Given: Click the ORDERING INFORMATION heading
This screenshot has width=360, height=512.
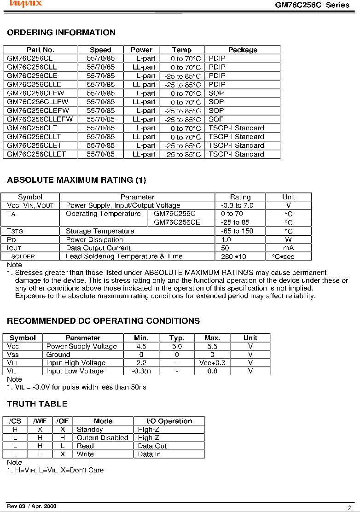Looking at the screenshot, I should pyautogui.click(x=61, y=33).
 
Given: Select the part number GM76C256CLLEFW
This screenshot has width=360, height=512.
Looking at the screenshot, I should pyautogui.click(x=40, y=119).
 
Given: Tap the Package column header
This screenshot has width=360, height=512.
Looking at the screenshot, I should pyautogui.click(x=243, y=50).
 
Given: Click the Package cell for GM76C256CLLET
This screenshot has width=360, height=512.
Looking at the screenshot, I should pyautogui.click(x=237, y=154).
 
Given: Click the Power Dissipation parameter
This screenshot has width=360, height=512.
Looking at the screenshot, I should pyautogui.click(x=94, y=240).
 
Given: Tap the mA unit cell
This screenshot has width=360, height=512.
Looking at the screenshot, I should pyautogui.click(x=289, y=248).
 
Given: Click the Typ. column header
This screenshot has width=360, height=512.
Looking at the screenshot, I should pyautogui.click(x=177, y=338).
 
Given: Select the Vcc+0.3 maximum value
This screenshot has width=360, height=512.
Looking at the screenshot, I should pyautogui.click(x=212, y=363).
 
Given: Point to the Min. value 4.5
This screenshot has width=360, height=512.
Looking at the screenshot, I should pyautogui.click(x=141, y=346).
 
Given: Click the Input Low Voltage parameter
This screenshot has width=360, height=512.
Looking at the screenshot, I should pyautogui.click(x=75, y=371).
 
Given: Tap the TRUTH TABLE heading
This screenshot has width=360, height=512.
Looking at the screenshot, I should pyautogui.click(x=37, y=404).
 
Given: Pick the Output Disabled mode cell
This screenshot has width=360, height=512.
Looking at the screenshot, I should pyautogui.click(x=102, y=438).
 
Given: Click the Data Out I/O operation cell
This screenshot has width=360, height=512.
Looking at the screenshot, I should pyautogui.click(x=152, y=446).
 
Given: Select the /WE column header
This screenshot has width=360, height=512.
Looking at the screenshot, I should pyautogui.click(x=40, y=421).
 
